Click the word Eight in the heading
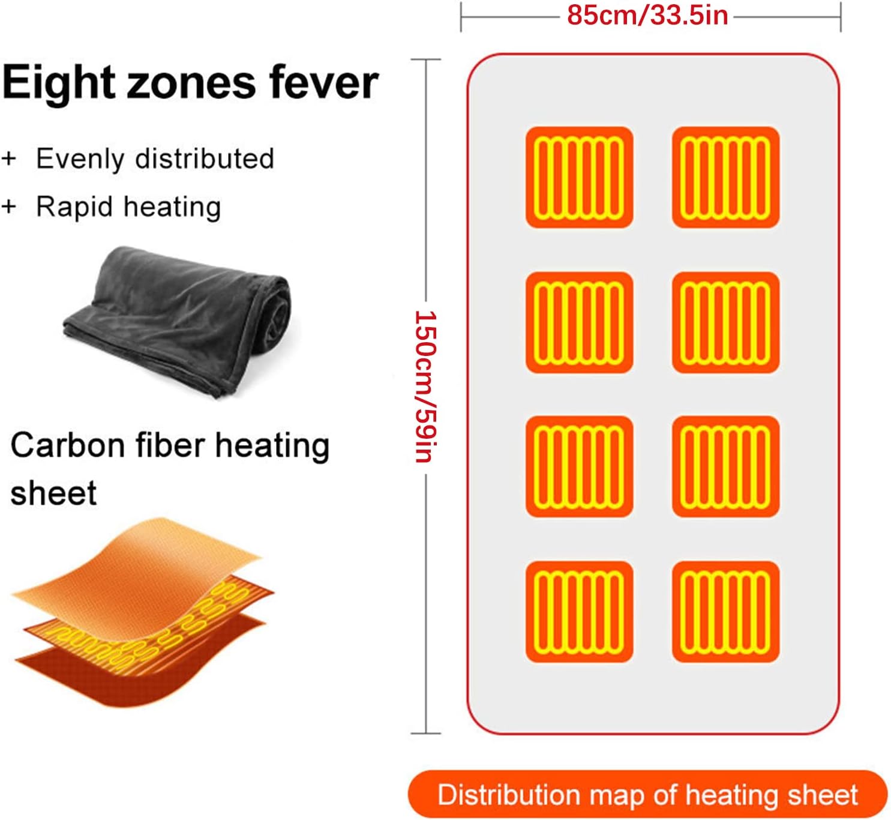(59, 83)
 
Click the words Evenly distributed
(155, 159)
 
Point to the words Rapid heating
(128, 207)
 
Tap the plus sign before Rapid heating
(9, 207)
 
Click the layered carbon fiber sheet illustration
(141, 612)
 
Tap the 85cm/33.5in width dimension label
(648, 16)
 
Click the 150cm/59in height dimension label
(425, 387)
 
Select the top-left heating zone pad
(579, 177)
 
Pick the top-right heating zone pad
(725, 177)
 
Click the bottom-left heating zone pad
(579, 612)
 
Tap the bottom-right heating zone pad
(725, 612)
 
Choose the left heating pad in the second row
(579, 322)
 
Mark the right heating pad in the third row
(725, 466)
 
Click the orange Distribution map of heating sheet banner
(647, 794)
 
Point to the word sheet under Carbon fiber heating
(53, 494)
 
